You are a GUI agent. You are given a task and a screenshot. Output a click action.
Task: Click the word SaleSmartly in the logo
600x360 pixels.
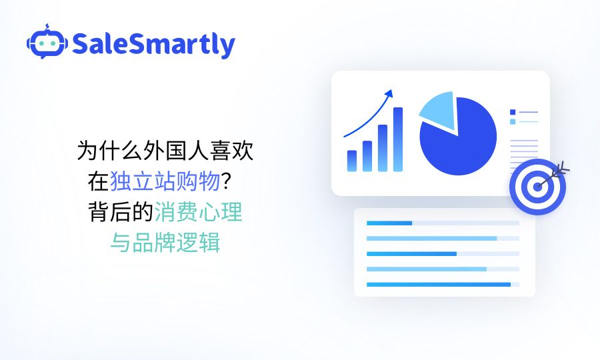pos(153,45)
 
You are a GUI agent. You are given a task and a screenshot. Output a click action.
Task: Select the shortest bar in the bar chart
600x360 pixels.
pos(351,161)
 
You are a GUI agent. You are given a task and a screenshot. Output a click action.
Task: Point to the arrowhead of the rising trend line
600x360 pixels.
pos(390,93)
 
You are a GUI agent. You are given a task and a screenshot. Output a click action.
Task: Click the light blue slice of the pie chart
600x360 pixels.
pos(437,111)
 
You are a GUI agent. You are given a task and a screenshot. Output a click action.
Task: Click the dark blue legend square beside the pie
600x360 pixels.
pos(513,112)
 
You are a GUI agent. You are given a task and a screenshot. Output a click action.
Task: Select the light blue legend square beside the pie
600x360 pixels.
pos(513,122)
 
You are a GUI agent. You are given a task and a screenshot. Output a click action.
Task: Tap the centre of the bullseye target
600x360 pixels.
pos(537,187)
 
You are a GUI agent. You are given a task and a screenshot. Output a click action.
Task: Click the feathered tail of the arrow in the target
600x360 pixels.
pos(563,167)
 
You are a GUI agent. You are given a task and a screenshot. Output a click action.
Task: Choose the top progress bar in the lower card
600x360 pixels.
pos(389,223)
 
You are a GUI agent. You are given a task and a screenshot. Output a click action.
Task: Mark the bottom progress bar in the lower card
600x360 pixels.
pos(438,285)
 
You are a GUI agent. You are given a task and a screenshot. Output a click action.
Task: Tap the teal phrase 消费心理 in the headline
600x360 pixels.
pos(199,213)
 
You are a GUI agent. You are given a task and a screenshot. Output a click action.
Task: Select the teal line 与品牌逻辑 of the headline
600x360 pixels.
pos(165,243)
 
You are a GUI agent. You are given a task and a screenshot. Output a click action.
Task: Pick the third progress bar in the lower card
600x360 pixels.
pos(411,254)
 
